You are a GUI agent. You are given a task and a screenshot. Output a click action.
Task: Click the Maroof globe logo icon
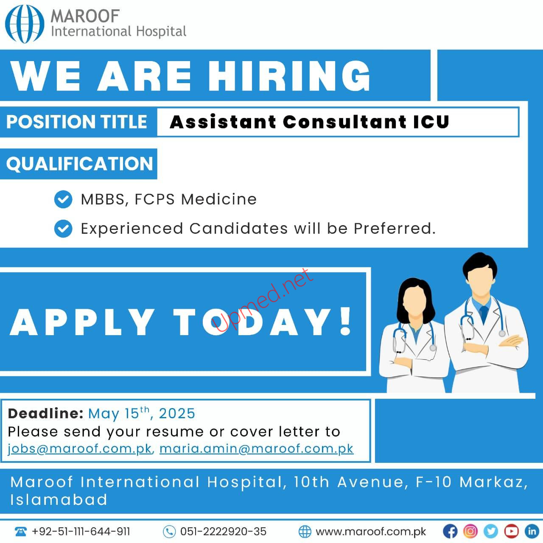click(25, 24)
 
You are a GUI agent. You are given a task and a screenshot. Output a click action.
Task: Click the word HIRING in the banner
click(289, 76)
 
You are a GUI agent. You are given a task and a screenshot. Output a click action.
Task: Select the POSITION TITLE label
click(77, 122)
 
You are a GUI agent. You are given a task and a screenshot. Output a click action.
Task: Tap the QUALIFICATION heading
click(79, 164)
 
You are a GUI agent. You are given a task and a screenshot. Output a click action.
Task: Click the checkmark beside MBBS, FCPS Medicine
click(63, 199)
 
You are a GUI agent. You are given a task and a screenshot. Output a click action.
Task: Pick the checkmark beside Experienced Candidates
click(63, 229)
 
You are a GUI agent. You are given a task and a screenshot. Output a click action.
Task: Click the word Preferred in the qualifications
click(395, 228)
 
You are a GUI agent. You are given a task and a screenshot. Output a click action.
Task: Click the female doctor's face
click(414, 302)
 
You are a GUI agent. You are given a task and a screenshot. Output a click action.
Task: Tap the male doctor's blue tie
click(484, 314)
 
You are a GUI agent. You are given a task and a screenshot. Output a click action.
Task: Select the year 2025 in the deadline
click(177, 414)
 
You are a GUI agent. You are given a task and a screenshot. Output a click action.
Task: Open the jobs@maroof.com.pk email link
click(79, 449)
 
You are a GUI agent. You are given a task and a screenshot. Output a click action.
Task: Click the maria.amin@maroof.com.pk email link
click(256, 449)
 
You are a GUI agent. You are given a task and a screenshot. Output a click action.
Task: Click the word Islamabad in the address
click(59, 500)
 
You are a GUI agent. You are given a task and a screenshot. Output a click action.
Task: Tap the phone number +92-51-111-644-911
click(81, 532)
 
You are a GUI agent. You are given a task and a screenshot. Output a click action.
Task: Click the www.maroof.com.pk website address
click(371, 532)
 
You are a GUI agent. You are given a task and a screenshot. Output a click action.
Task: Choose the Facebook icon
click(450, 532)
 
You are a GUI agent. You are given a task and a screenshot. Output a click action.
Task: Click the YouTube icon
click(512, 532)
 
